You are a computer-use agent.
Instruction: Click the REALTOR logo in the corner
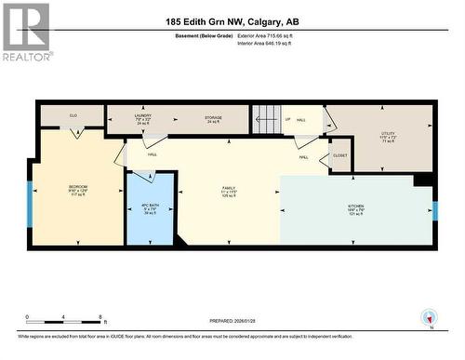coord(25,31)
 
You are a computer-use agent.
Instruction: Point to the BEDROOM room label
coord(78,189)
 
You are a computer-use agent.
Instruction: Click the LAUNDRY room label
coord(142,118)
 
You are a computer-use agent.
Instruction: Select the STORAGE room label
coord(213,118)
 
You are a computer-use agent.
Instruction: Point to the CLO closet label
coord(73,116)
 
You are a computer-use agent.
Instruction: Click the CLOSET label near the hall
coord(339,155)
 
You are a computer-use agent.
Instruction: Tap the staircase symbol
coord(267,120)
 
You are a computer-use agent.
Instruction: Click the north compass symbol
coord(429,317)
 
